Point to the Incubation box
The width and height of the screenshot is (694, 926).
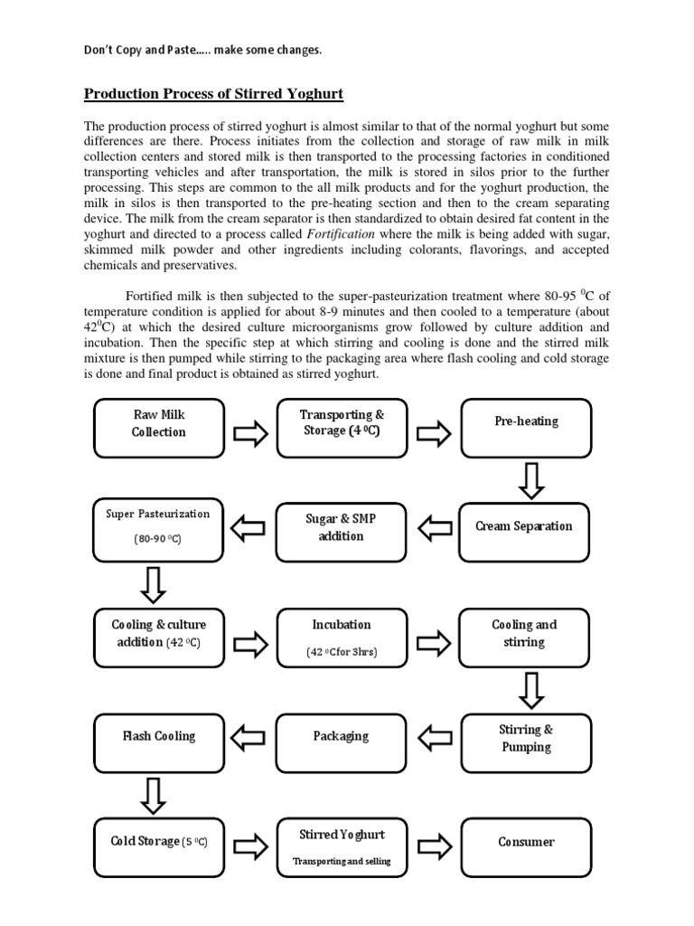(341, 638)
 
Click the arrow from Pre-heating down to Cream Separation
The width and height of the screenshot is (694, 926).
(531, 479)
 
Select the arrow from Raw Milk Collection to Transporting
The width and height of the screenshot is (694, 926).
(249, 434)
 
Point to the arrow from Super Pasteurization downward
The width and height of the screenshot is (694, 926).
(155, 583)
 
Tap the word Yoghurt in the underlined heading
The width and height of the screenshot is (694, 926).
(311, 94)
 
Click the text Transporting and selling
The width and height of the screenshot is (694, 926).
(341, 861)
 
